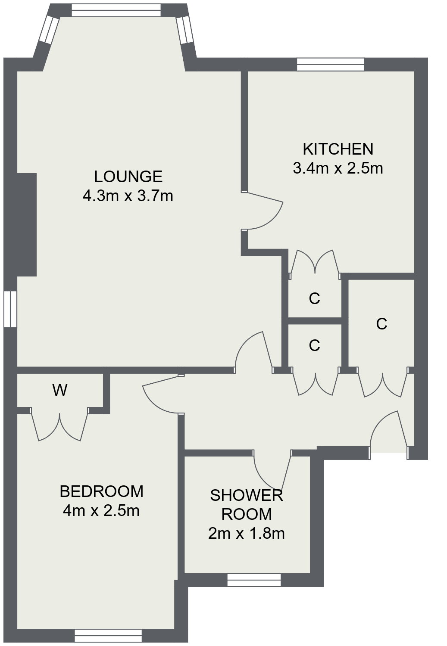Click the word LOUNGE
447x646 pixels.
click(x=128, y=177)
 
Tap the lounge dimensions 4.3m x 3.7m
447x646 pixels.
click(x=128, y=196)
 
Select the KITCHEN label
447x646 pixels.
click(x=338, y=149)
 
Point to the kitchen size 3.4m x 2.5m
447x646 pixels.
click(x=338, y=168)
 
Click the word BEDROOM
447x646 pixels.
click(x=102, y=491)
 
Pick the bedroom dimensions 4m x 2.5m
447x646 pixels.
click(x=101, y=510)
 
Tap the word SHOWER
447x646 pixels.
click(x=247, y=495)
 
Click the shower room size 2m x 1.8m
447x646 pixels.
click(x=247, y=534)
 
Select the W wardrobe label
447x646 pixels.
click(x=60, y=390)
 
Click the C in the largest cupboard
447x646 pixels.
click(x=381, y=324)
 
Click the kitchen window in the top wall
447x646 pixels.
click(x=331, y=64)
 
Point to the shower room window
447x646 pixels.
click(x=254, y=580)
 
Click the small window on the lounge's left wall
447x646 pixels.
click(x=10, y=309)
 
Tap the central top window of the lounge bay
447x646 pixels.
click(x=116, y=10)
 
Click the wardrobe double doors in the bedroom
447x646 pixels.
click(x=59, y=424)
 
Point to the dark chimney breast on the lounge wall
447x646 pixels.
click(x=27, y=225)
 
